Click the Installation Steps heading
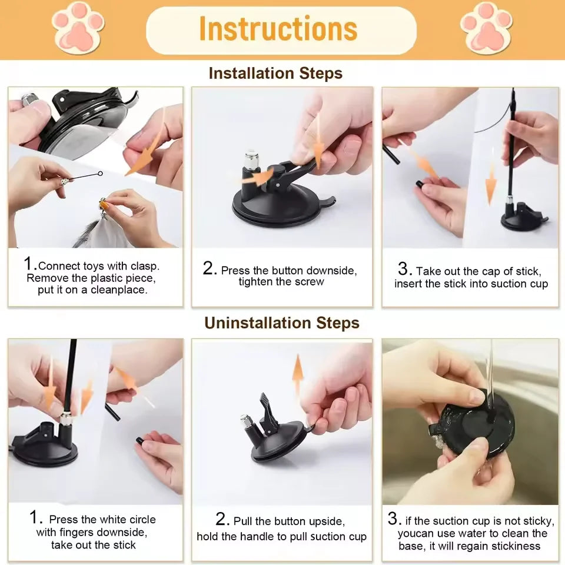click(x=275, y=74)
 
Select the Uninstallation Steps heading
click(x=281, y=323)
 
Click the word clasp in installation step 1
click(x=145, y=266)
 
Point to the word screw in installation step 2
click(x=311, y=282)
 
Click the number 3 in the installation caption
click(x=404, y=270)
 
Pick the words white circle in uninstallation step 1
click(x=127, y=520)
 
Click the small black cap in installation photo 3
click(x=420, y=184)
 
